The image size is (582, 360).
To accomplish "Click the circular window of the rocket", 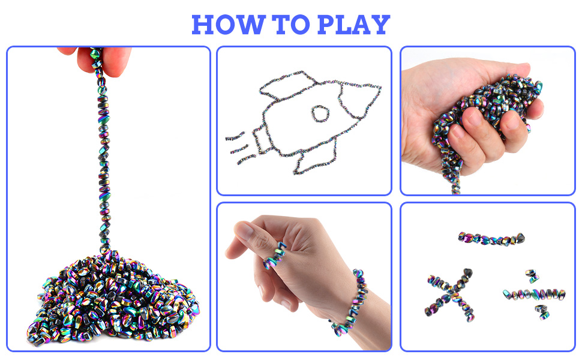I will point(322,113).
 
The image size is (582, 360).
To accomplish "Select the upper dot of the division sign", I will point(531,275).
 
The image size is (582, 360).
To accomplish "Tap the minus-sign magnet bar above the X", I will point(490,238).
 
